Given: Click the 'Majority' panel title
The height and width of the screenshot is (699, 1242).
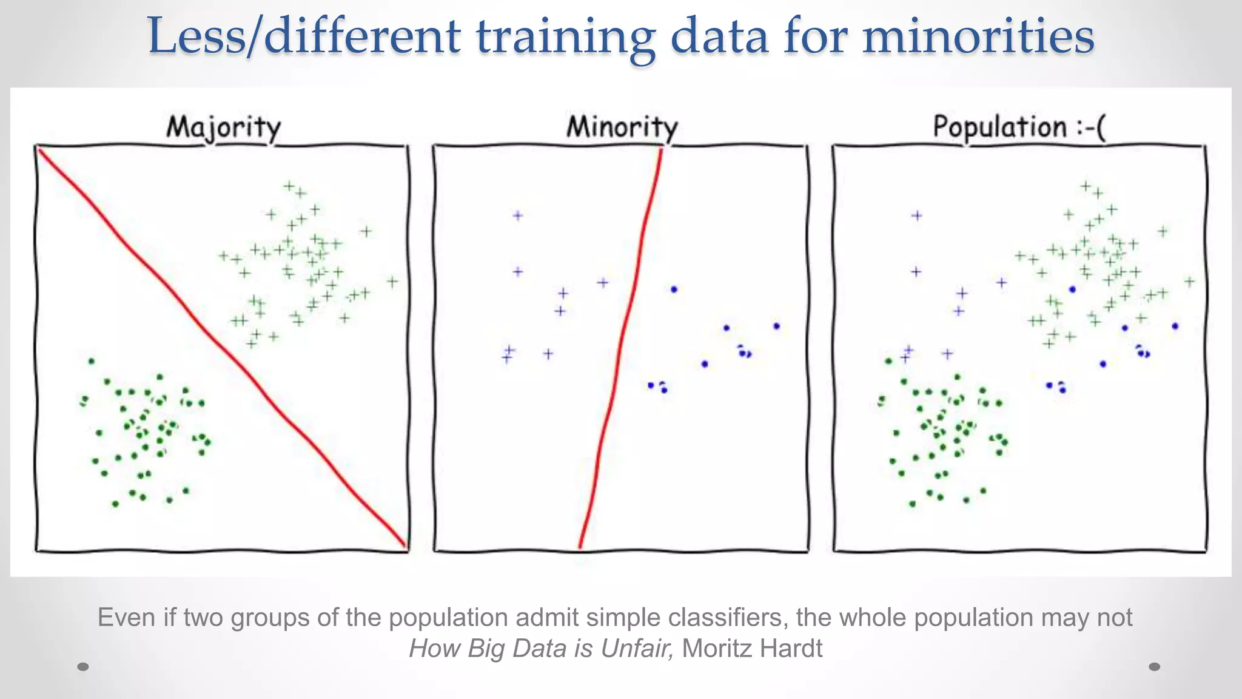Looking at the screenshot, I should point(224,128).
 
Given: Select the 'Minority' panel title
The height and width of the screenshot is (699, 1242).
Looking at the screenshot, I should point(622,127).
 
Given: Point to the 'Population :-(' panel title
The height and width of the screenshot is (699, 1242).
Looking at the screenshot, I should point(1019,127).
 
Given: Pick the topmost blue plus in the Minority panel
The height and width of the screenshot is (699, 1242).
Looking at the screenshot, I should point(518,215).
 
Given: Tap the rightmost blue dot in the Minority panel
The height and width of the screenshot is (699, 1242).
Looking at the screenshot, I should point(777,326).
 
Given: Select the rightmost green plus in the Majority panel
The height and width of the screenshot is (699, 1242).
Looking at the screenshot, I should point(392,282).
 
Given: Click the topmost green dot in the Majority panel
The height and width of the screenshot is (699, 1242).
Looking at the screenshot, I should point(92,361).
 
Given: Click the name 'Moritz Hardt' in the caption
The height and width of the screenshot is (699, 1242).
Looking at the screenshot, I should point(752,649).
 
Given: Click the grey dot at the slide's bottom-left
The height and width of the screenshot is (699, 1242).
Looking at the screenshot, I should point(83,667).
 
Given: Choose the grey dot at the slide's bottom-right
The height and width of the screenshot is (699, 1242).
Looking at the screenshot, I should point(1155,667).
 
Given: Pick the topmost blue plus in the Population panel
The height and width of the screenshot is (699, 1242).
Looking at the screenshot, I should point(917,215).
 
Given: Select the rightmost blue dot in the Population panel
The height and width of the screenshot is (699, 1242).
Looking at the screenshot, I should point(1175,326).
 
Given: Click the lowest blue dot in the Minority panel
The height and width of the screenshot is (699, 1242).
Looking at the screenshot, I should point(664,390).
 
